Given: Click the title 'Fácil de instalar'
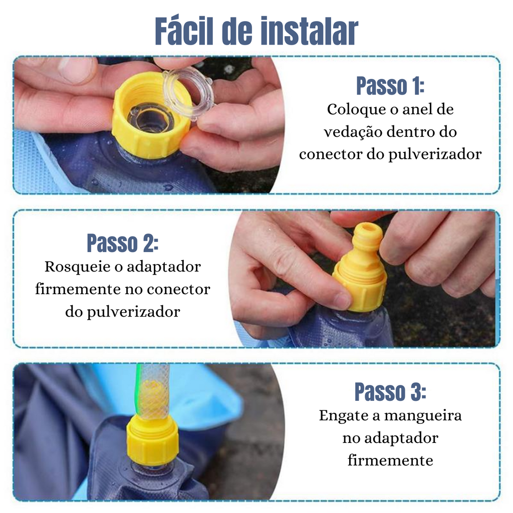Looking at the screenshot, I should [x=256, y=31].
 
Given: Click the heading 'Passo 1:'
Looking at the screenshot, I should [x=390, y=86].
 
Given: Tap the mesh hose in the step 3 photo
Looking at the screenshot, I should [x=154, y=391].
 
